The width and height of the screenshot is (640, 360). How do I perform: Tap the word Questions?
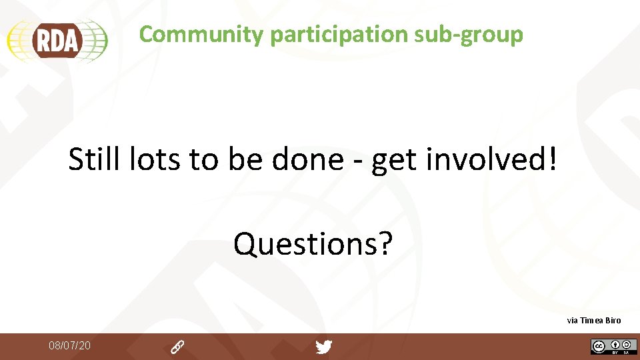[313, 244]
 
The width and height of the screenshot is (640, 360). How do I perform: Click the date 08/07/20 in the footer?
[69, 345]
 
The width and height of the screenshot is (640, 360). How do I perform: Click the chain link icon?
[177, 347]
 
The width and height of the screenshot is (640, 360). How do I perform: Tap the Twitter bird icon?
[323, 347]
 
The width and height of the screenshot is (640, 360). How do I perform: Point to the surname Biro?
[614, 321]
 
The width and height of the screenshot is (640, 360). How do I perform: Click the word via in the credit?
[572, 321]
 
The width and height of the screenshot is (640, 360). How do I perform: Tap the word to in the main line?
[203, 160]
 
